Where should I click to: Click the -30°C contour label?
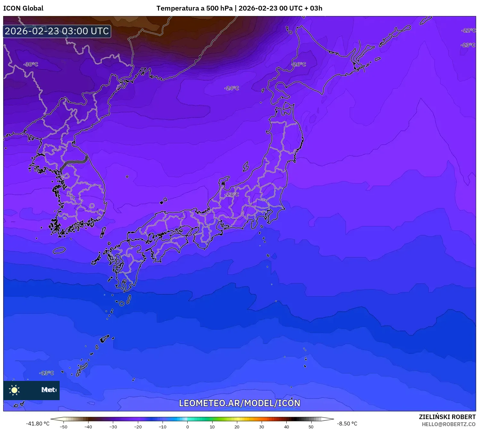point(31,64)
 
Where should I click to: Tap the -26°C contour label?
point(298,64)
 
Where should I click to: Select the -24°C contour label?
point(231,88)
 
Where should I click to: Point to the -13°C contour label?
point(46,373)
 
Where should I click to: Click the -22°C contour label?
point(468,30)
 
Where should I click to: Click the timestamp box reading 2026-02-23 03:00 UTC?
point(57,31)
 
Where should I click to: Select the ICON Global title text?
point(23,8)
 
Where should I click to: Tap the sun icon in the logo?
point(14,390)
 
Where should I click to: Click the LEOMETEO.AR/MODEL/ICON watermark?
point(239,403)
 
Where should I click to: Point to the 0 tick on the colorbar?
point(188,426)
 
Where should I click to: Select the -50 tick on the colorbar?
point(63,426)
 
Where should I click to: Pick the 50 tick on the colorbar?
point(311,426)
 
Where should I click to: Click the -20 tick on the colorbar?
point(138,426)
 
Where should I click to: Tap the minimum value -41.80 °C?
point(38,424)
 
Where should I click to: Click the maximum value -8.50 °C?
point(347,424)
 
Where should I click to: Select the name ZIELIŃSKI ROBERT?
point(447,417)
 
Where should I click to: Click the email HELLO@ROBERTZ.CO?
point(449,424)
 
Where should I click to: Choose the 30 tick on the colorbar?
point(262,426)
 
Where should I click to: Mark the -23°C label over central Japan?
point(231,195)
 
